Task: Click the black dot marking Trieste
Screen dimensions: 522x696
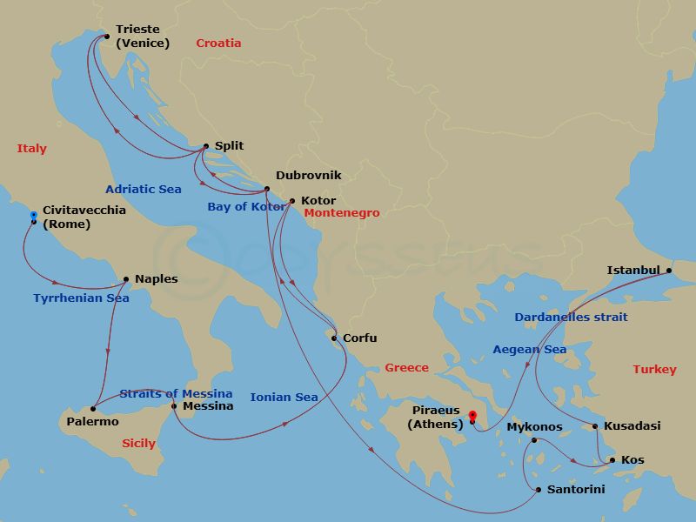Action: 106,37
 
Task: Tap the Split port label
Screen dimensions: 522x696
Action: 229,146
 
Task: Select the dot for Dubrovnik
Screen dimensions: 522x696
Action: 267,189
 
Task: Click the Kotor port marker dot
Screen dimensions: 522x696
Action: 291,201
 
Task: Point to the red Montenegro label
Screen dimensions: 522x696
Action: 342,213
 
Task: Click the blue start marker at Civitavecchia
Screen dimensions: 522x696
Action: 33,215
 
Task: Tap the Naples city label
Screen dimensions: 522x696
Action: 156,279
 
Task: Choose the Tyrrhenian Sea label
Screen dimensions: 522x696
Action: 81,298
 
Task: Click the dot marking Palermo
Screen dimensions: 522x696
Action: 93,408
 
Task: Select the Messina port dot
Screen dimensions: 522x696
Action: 174,406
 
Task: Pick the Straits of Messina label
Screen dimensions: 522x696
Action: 176,393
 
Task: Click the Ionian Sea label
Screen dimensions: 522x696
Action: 284,398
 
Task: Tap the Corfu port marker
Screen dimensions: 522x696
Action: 334,338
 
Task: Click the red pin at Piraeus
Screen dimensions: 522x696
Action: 472,416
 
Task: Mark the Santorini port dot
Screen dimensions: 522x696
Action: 539,491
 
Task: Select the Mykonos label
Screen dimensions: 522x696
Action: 534,427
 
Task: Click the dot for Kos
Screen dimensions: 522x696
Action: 612,460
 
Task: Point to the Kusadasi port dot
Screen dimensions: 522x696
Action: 595,426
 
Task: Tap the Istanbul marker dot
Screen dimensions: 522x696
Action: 668,271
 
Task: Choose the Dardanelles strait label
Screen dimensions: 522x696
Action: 571,318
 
